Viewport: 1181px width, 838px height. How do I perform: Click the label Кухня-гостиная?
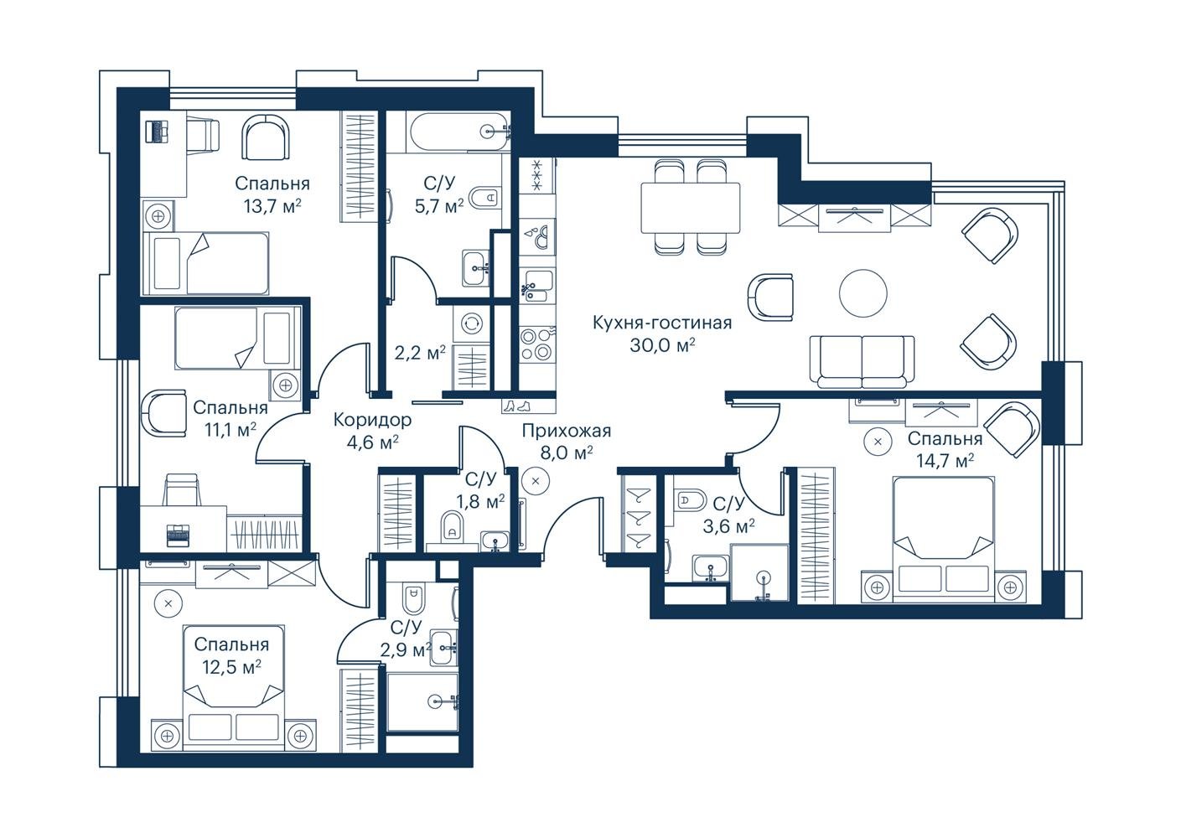(x=662, y=323)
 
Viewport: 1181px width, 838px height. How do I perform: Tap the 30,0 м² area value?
(x=662, y=345)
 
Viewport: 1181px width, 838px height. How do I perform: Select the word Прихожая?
(x=567, y=431)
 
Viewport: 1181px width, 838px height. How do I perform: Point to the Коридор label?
(x=372, y=420)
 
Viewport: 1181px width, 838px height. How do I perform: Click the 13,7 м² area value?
(x=272, y=206)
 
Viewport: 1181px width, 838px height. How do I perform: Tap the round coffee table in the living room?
(x=863, y=293)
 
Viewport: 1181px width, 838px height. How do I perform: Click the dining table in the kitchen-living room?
(x=690, y=207)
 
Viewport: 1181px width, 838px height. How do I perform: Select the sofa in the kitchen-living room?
(x=862, y=361)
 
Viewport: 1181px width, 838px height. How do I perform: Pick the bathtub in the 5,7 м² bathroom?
(x=458, y=132)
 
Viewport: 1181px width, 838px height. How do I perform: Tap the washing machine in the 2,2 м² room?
(x=470, y=323)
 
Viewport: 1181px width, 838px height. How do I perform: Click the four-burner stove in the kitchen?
(x=536, y=344)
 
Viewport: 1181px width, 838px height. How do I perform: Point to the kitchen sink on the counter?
(x=536, y=287)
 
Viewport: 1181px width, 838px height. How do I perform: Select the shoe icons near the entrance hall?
(x=516, y=406)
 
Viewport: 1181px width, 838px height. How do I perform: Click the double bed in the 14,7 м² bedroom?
(x=943, y=539)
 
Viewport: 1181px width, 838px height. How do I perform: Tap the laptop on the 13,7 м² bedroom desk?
(x=157, y=131)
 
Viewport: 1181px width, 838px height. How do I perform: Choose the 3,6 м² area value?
(x=728, y=525)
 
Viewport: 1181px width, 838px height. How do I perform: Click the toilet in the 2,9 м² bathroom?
(x=413, y=597)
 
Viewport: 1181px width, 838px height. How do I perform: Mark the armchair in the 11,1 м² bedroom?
(x=164, y=413)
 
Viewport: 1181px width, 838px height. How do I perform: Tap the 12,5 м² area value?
(x=232, y=667)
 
